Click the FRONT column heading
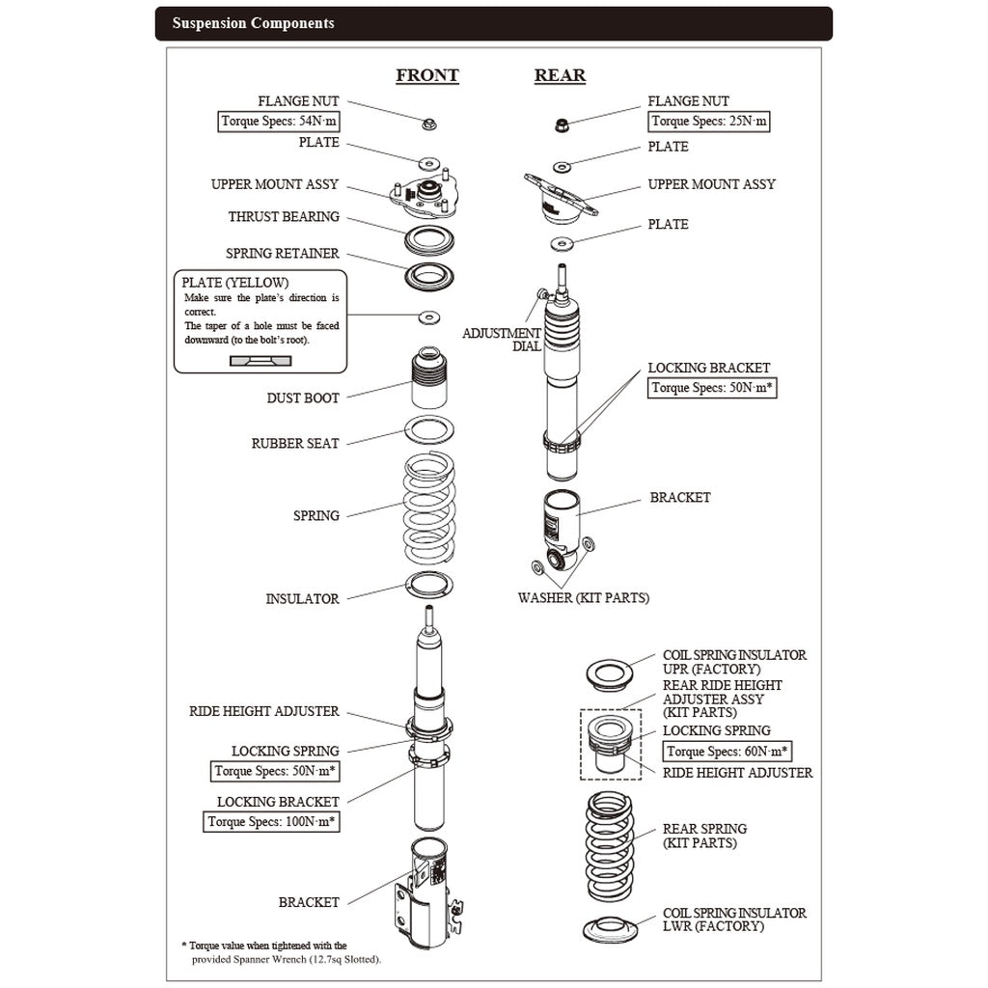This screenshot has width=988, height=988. click(x=426, y=76)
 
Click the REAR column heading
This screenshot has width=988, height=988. click(x=560, y=76)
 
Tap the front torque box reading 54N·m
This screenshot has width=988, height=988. click(x=279, y=122)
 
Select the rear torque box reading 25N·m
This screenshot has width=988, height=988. click(x=709, y=122)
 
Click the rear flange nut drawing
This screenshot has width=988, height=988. click(x=561, y=123)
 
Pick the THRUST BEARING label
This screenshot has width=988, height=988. click(x=284, y=217)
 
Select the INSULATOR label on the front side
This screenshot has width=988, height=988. click(x=302, y=599)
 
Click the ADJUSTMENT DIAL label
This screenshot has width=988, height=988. click(x=502, y=340)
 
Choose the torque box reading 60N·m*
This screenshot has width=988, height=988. click(x=727, y=752)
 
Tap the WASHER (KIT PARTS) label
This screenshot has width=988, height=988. click(x=583, y=598)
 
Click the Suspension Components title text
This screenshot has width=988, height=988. click(x=253, y=23)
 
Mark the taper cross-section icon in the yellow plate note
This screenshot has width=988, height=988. click(x=260, y=360)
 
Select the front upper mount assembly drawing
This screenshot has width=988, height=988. click(x=422, y=197)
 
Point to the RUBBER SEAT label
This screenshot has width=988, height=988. click(x=295, y=444)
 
